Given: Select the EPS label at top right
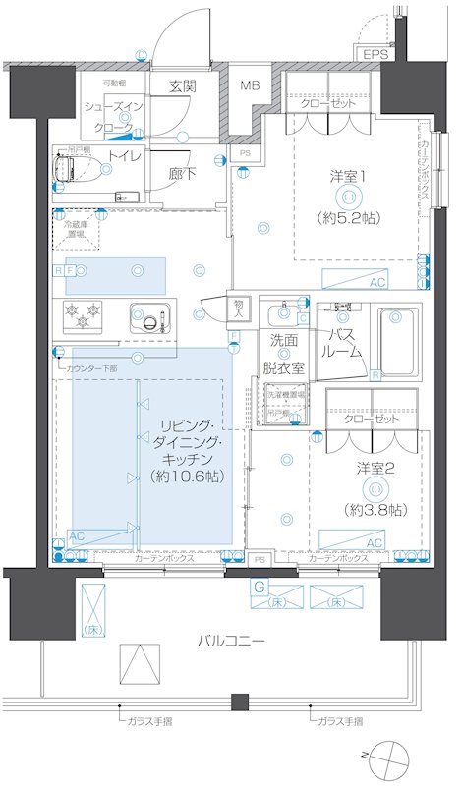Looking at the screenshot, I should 375,55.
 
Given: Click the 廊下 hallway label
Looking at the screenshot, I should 183,173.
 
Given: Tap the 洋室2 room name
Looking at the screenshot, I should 375,468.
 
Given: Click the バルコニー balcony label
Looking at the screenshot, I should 229,641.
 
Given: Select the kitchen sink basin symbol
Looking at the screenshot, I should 149,319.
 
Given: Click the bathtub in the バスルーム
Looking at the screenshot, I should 398,342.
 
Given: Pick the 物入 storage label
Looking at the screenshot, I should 239,306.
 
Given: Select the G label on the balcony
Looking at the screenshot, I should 259,588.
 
